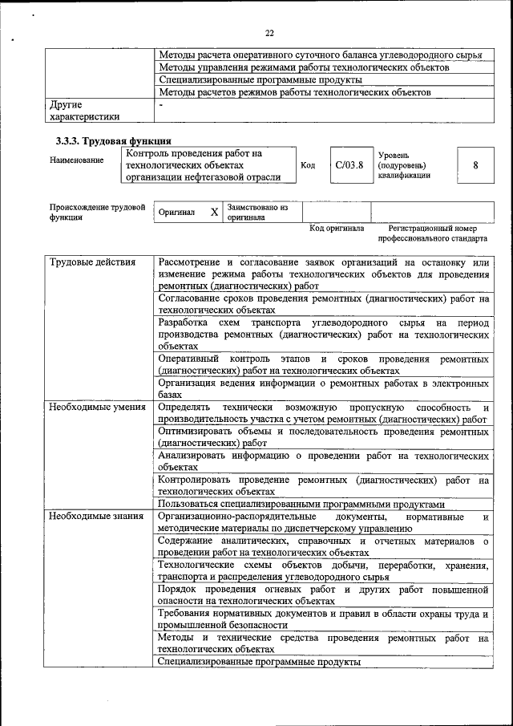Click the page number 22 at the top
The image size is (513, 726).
tap(269, 33)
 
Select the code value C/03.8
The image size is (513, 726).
tap(349, 165)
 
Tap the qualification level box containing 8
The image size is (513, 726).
tap(475, 165)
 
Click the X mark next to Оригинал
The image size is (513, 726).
tap(213, 213)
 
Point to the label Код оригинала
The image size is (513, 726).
tap(336, 229)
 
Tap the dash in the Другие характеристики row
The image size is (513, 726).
tap(161, 105)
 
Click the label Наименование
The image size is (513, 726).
tap(76, 160)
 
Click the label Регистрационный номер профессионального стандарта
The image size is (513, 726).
tap(432, 233)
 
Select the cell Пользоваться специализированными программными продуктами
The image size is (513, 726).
tap(301, 504)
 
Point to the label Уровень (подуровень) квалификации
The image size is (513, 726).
tap(404, 164)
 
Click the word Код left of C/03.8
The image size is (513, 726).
tap(308, 165)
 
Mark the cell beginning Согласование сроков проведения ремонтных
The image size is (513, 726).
tap(323, 302)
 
